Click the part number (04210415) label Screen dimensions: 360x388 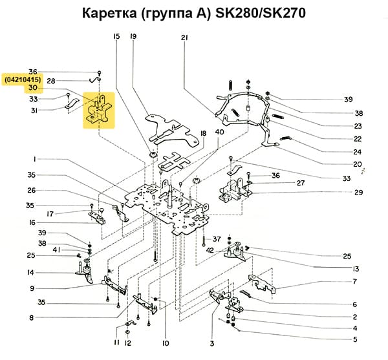click(x=23, y=79)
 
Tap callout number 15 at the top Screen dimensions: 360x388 click(x=116, y=37)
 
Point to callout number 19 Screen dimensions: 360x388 click(x=133, y=37)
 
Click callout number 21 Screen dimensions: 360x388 click(x=184, y=37)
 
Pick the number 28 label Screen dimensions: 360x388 click(x=50, y=81)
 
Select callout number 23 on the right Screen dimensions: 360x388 click(x=358, y=126)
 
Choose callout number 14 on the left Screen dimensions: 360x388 click(x=30, y=272)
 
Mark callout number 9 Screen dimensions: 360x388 click(x=30, y=288)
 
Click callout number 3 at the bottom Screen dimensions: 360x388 click(x=211, y=343)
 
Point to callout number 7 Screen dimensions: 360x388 click(x=355, y=281)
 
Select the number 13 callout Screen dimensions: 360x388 click(x=355, y=268)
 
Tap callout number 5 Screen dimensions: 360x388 click(x=355, y=339)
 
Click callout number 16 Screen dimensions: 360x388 click(x=30, y=222)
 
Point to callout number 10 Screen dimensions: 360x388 click(x=166, y=343)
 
